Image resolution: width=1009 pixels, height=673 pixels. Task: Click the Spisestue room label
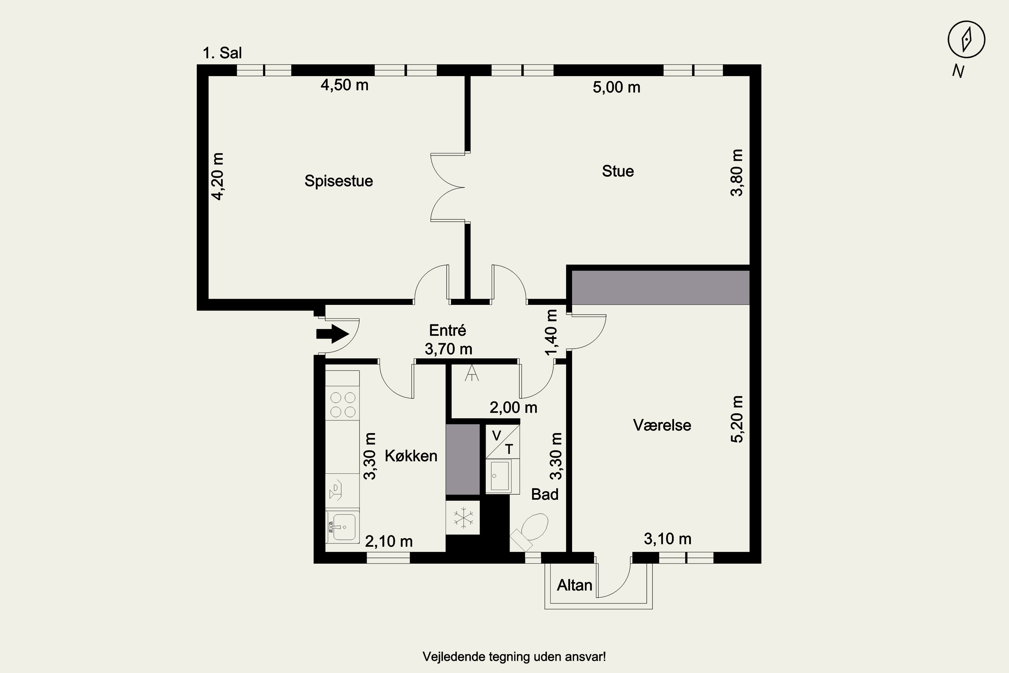pos(338,181)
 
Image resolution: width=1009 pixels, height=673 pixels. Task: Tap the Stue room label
pos(618,171)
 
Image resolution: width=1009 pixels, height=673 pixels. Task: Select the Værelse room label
pos(662,425)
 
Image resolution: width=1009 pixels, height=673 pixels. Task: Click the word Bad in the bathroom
pos(545,494)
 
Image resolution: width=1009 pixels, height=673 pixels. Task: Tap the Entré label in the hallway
pos(447,330)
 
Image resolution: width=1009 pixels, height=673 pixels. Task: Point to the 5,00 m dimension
pos(616,87)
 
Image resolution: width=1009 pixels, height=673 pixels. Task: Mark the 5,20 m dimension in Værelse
pos(737,419)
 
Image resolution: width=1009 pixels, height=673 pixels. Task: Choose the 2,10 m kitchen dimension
pos(389,541)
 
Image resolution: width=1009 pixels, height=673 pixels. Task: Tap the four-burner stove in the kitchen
pos(342,405)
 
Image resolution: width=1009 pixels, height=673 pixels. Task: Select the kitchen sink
pos(342,527)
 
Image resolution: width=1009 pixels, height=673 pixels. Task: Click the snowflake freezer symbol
pos(463,517)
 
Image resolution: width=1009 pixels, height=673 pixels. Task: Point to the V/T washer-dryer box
pos(502,441)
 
